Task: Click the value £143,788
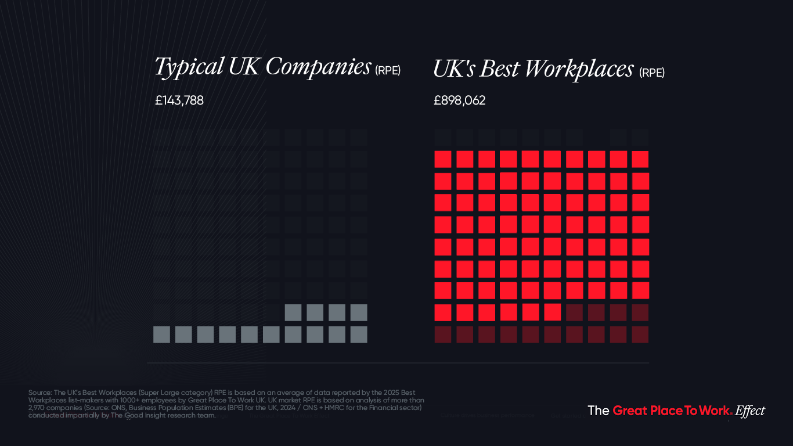(x=179, y=100)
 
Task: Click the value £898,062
(x=459, y=100)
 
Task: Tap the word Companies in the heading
(x=318, y=67)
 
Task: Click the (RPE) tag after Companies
(x=387, y=71)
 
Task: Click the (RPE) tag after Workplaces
(x=651, y=73)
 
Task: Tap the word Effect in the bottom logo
(x=750, y=411)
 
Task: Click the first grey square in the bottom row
(x=161, y=334)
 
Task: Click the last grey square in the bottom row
(x=359, y=334)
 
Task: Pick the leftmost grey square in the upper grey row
(x=293, y=312)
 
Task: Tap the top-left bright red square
(x=443, y=159)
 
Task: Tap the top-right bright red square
(x=640, y=159)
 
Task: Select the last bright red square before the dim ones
(x=553, y=312)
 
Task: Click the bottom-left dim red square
(x=443, y=334)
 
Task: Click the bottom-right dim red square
(x=640, y=334)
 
